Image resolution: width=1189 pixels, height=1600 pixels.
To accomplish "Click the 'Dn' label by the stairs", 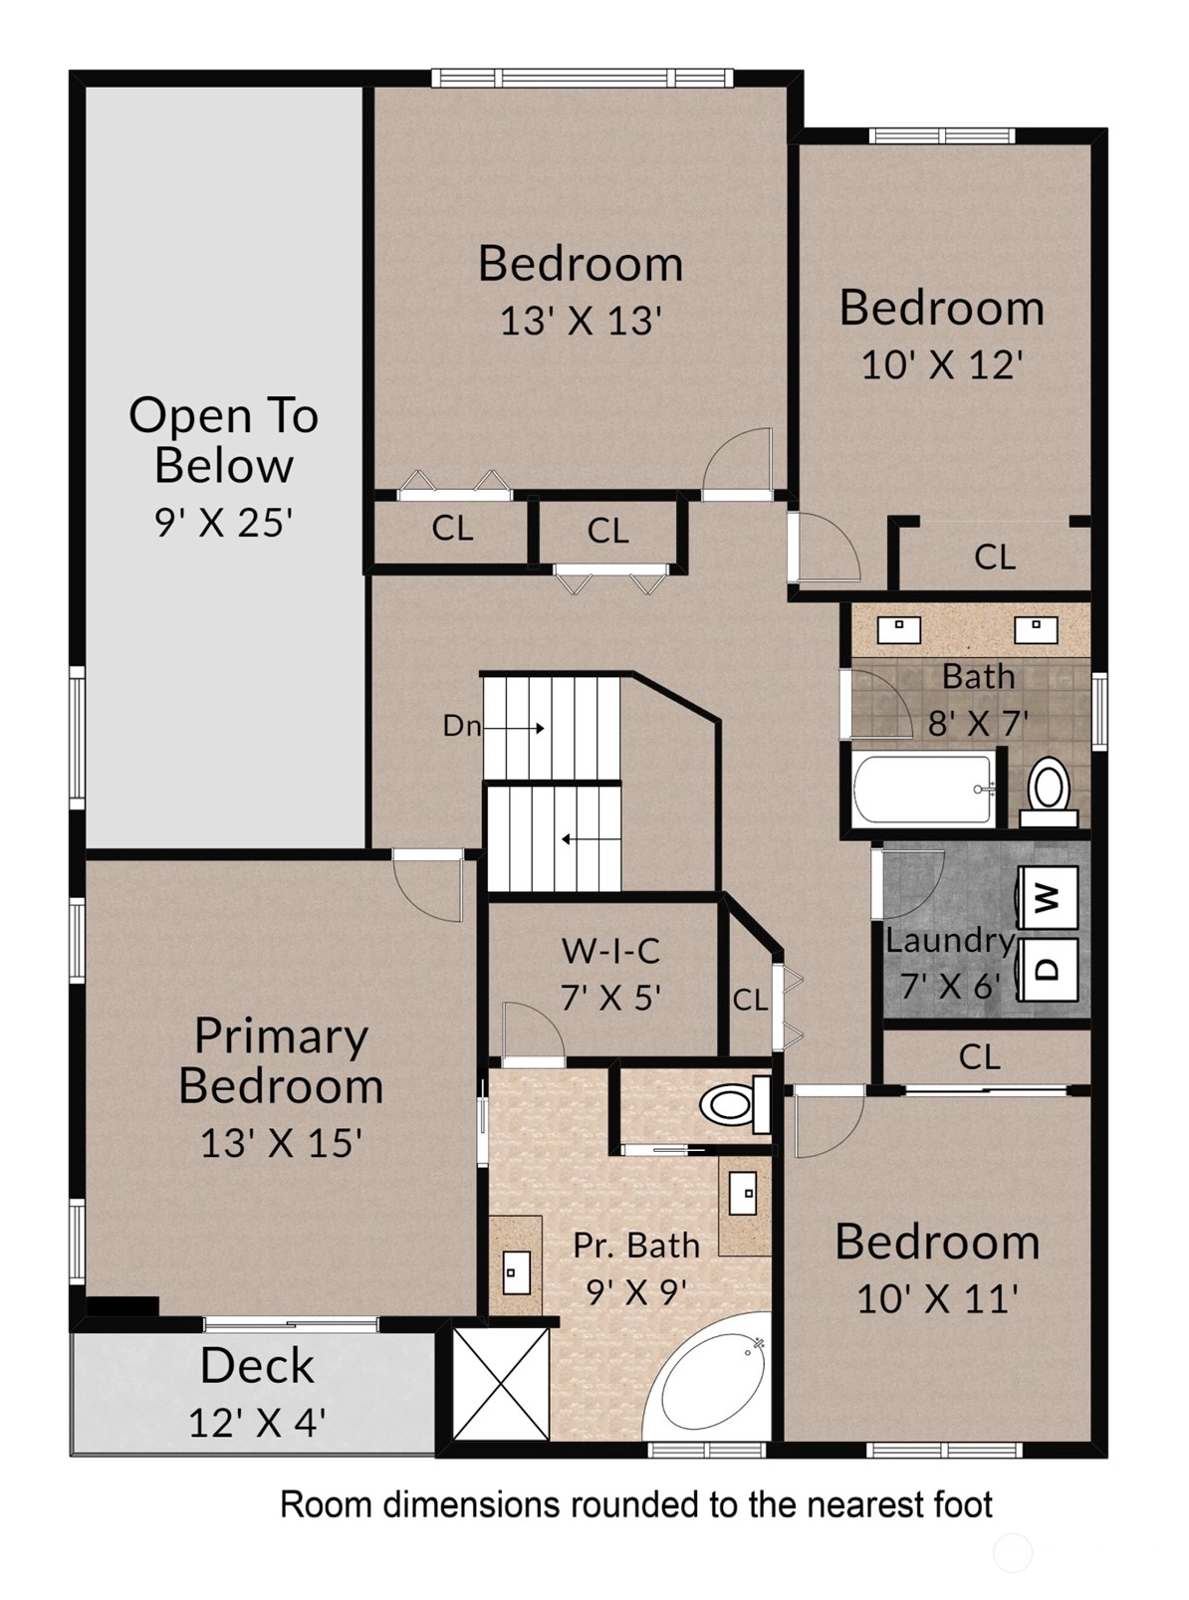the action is click(x=462, y=726).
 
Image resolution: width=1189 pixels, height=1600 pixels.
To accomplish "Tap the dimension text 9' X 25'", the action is click(x=224, y=522).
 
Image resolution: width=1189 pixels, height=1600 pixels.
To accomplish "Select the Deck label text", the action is click(x=257, y=1366).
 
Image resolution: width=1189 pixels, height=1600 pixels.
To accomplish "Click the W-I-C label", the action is click(x=610, y=951).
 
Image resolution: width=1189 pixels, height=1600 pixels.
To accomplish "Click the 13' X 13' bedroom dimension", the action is click(x=581, y=321).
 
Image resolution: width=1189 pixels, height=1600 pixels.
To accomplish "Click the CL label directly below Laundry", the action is click(x=979, y=1057).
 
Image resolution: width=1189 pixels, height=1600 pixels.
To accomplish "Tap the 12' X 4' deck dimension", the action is click(x=257, y=1423).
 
